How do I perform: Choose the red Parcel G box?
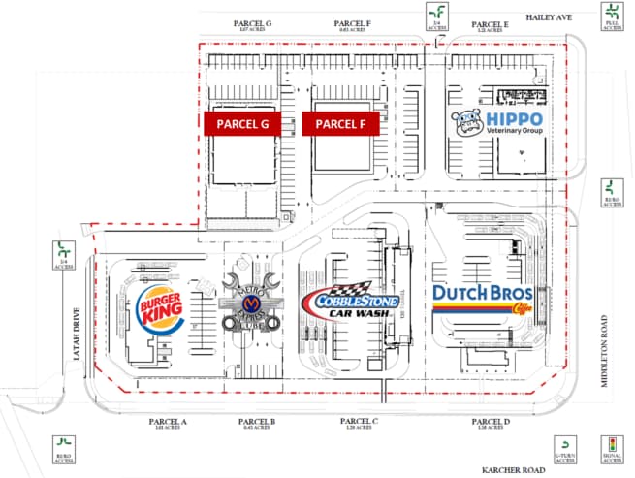pyautogui.click(x=242, y=124)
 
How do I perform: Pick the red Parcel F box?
pyautogui.click(x=341, y=124)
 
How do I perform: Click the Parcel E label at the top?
pyautogui.click(x=490, y=24)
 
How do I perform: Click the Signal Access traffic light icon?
pyautogui.click(x=612, y=450)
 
